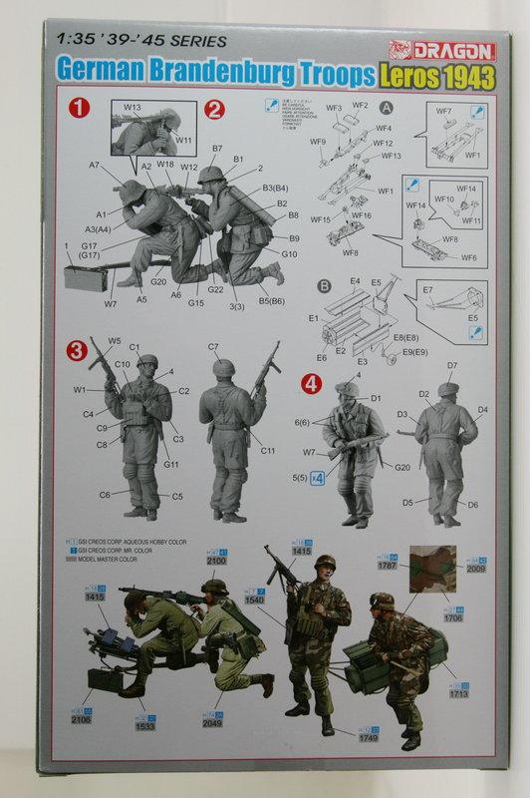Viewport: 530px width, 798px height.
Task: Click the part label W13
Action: [132, 107]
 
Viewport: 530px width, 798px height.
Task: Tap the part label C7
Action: [213, 346]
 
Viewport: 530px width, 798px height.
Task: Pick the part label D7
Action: [451, 365]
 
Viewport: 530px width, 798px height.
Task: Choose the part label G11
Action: [171, 464]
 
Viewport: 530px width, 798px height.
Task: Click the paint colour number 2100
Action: [217, 563]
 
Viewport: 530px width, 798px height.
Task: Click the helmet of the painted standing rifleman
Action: [325, 563]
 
